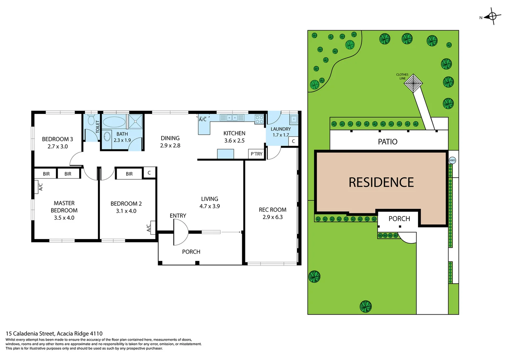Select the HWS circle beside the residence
coord(452,160)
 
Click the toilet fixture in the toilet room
coord(91,120)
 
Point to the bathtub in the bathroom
coord(114,122)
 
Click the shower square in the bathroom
coord(135,121)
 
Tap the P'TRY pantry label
coord(256,154)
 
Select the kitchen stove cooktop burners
coord(259,119)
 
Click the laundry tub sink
coord(293,119)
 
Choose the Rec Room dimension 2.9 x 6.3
coord(272,217)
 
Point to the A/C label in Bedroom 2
coord(149,228)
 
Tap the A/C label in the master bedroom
coord(41,187)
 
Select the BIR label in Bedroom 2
coord(129,174)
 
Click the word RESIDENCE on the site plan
coord(381,182)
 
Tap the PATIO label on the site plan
coord(387,142)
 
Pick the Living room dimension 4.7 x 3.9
coord(210,206)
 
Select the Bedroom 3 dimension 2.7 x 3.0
coord(58,146)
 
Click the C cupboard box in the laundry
coord(293,141)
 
